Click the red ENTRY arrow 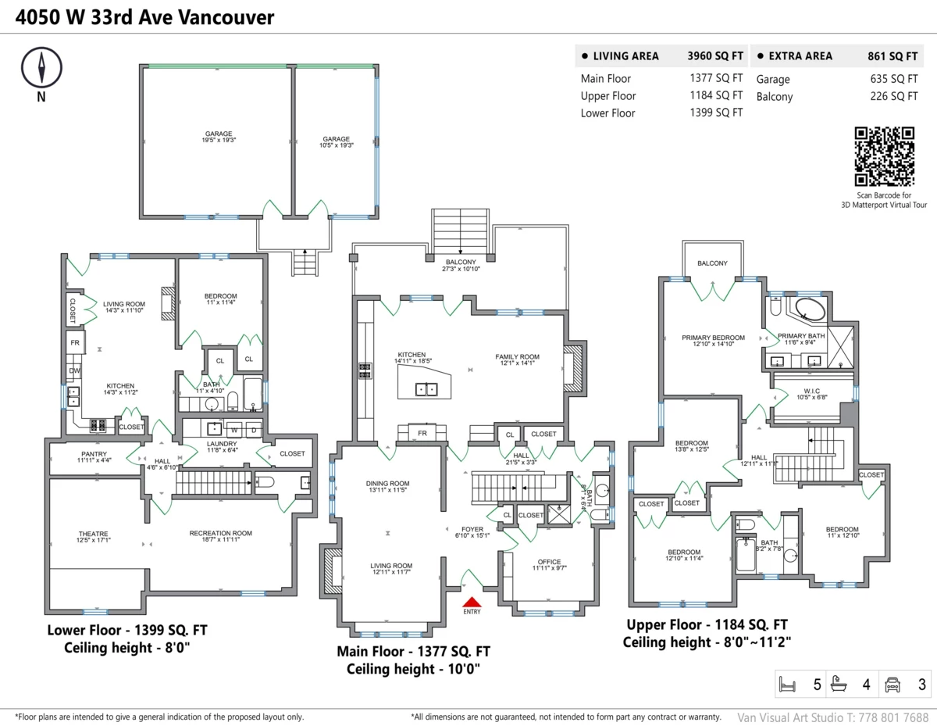pos(472,602)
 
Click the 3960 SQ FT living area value pos(714,56)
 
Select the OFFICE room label pos(549,562)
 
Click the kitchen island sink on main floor pos(426,388)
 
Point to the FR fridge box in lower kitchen pos(75,343)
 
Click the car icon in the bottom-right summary pos(892,685)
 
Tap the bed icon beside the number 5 pos(787,685)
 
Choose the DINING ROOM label pos(387,483)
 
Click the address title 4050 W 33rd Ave pos(145,16)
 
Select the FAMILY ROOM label pos(517,357)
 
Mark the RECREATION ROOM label pos(220,534)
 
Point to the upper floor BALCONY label pos(712,263)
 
